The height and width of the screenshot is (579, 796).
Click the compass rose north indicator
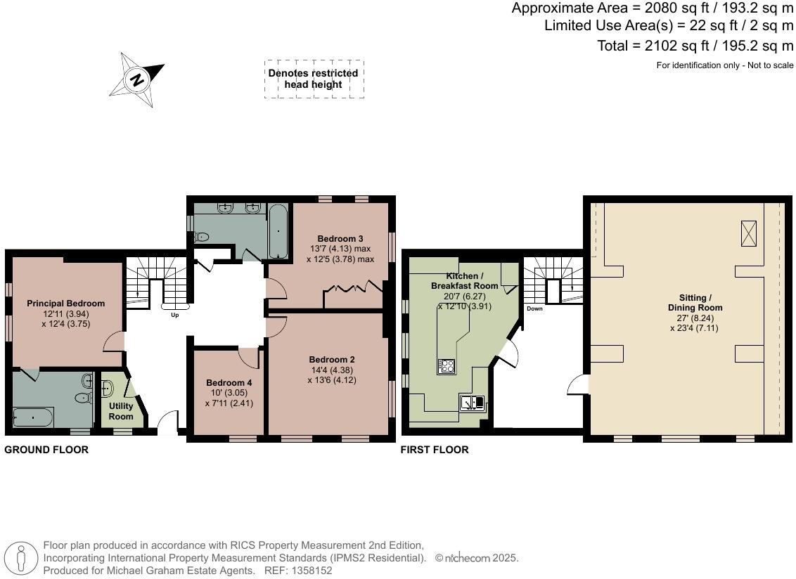point(138,79)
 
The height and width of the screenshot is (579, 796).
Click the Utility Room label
point(121,411)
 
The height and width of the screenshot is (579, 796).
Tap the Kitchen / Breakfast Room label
point(464,281)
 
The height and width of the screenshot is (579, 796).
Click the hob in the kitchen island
point(447,365)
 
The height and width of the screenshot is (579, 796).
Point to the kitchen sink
point(472,403)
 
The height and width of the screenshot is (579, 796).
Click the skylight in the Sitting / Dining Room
point(749,233)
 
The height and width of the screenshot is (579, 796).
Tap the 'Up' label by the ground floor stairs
point(175,315)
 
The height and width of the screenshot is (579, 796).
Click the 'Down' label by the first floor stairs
point(534,308)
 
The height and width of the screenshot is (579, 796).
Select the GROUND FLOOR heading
point(46,450)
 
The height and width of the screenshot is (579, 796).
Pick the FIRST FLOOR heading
point(434,450)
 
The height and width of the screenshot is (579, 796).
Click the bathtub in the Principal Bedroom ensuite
point(32,417)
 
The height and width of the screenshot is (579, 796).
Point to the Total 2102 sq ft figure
point(694,46)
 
